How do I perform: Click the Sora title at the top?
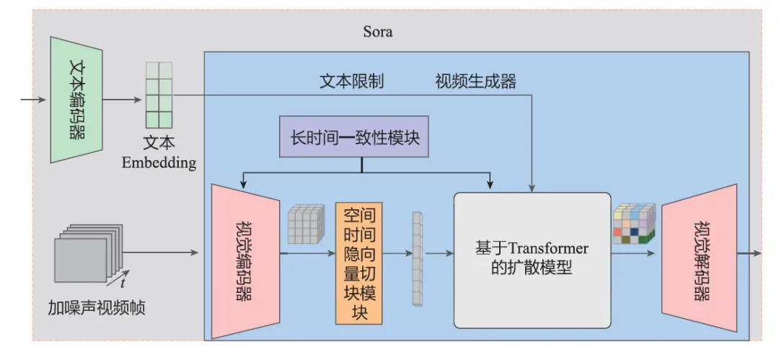pos(378,33)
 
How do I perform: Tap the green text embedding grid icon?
pos(159,95)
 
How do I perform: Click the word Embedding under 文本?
pos(159,162)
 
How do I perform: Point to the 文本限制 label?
pos(351,81)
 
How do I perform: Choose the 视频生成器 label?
pos(475,81)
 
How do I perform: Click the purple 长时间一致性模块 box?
pos(353,136)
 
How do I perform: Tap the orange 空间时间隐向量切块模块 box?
pos(358,263)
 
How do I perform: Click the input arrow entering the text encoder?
pos(33,99)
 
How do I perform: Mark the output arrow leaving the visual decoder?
pos(749,253)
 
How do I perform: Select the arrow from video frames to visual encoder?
pos(162,253)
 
